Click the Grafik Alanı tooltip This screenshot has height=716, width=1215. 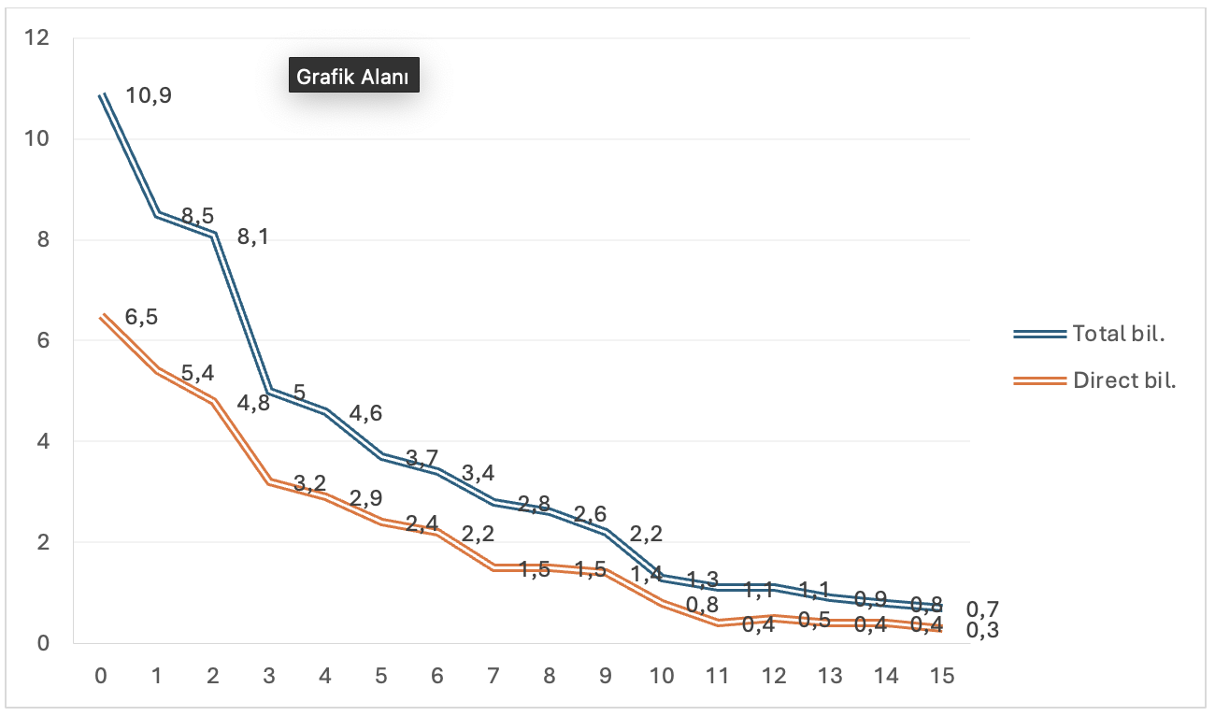coord(353,77)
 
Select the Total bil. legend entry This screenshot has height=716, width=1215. coord(1120,334)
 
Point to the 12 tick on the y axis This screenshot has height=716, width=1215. coord(37,38)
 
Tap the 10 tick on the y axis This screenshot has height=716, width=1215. coord(37,139)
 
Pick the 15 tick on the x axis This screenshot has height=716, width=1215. coord(942,676)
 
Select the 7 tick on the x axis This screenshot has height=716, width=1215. coord(493,676)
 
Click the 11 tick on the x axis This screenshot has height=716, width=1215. coord(718,676)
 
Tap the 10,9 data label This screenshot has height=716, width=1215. coord(148,94)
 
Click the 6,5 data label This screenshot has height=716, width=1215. coord(141,317)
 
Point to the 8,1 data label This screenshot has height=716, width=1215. coord(253,237)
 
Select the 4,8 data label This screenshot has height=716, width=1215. coord(253,404)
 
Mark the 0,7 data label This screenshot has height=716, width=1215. coord(982,610)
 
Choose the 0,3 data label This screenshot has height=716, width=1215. coord(982,631)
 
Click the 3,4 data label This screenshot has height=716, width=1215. coord(478,473)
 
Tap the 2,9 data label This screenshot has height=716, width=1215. coord(365,497)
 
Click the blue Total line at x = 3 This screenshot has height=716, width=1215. coord(269,392)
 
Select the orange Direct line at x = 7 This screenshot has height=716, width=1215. coord(493,567)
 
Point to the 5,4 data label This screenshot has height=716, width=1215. coord(197,373)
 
